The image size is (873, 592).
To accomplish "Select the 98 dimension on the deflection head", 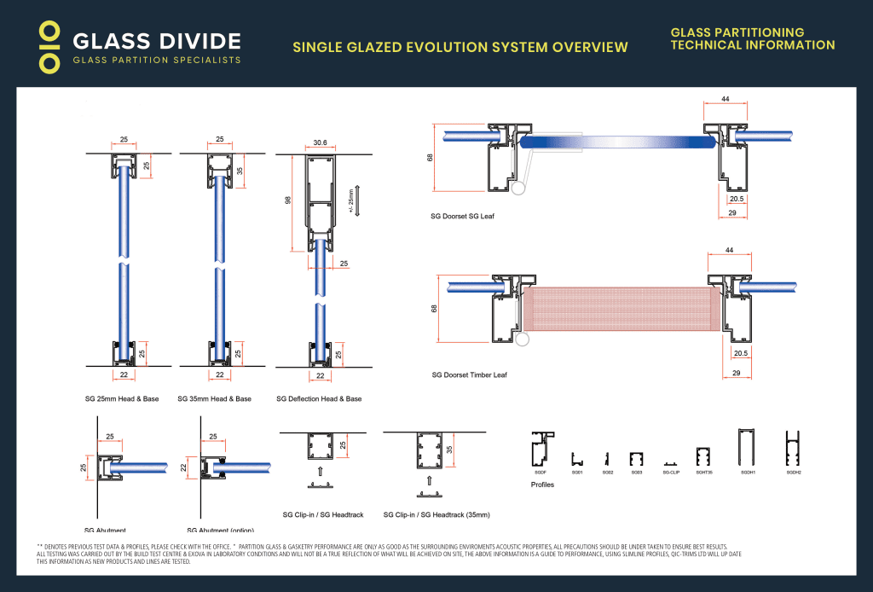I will (x=289, y=200).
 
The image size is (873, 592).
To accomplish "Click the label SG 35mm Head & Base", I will (x=215, y=399).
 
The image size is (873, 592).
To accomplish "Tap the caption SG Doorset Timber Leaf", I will (x=470, y=374).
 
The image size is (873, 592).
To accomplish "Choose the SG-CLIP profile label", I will (x=671, y=472).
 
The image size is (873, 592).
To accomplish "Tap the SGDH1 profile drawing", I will (x=748, y=445).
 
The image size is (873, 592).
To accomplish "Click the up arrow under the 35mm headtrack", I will (x=430, y=480).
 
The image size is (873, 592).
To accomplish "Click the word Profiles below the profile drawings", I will (x=542, y=485).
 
